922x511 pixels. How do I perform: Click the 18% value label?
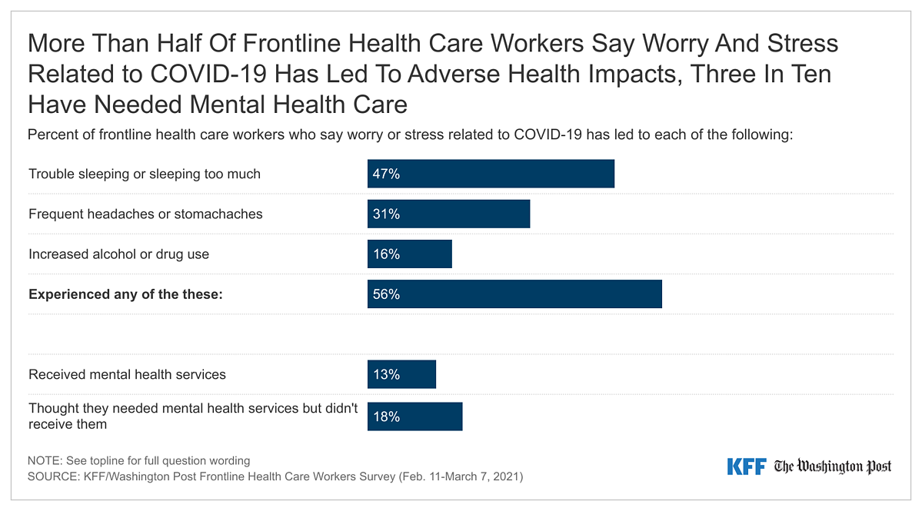pyautogui.click(x=386, y=417)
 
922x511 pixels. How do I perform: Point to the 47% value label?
pyautogui.click(x=386, y=174)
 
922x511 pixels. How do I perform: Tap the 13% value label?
pyautogui.click(x=386, y=374)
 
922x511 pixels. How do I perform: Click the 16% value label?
pyautogui.click(x=386, y=254)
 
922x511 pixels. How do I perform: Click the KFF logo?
pyautogui.click(x=746, y=466)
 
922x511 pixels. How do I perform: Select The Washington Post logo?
pyautogui.click(x=833, y=466)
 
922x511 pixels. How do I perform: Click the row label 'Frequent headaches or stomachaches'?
pyautogui.click(x=145, y=214)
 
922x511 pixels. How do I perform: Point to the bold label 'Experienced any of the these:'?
pyautogui.click(x=125, y=294)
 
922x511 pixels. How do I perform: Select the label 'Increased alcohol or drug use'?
pyautogui.click(x=118, y=254)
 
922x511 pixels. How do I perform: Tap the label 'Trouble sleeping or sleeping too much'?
pyautogui.click(x=145, y=174)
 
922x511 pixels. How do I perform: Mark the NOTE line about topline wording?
pyautogui.click(x=139, y=461)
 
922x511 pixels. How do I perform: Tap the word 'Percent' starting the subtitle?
pyautogui.click(x=52, y=134)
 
